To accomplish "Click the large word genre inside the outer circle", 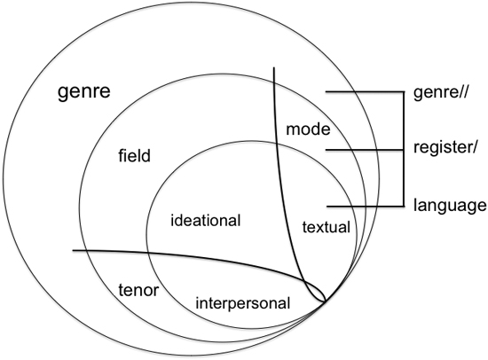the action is point(84,92).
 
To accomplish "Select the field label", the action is point(134,155).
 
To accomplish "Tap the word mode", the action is point(308,129).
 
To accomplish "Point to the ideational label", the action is point(206,220).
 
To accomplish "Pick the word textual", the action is point(327,227).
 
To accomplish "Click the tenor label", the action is point(138,290).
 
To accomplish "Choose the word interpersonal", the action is point(243,302).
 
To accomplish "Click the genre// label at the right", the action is point(440,92).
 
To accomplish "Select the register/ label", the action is point(445,147).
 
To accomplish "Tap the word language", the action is point(450,206).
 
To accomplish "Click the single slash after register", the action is point(473,146).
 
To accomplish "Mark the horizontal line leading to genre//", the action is point(365,92).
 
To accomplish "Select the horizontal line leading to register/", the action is point(365,150).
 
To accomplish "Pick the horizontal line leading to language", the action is point(366,207).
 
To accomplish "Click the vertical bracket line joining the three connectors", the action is point(404,149).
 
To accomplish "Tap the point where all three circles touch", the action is point(326,301).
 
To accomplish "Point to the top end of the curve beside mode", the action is point(274,67).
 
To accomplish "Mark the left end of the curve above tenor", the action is point(73,250).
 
